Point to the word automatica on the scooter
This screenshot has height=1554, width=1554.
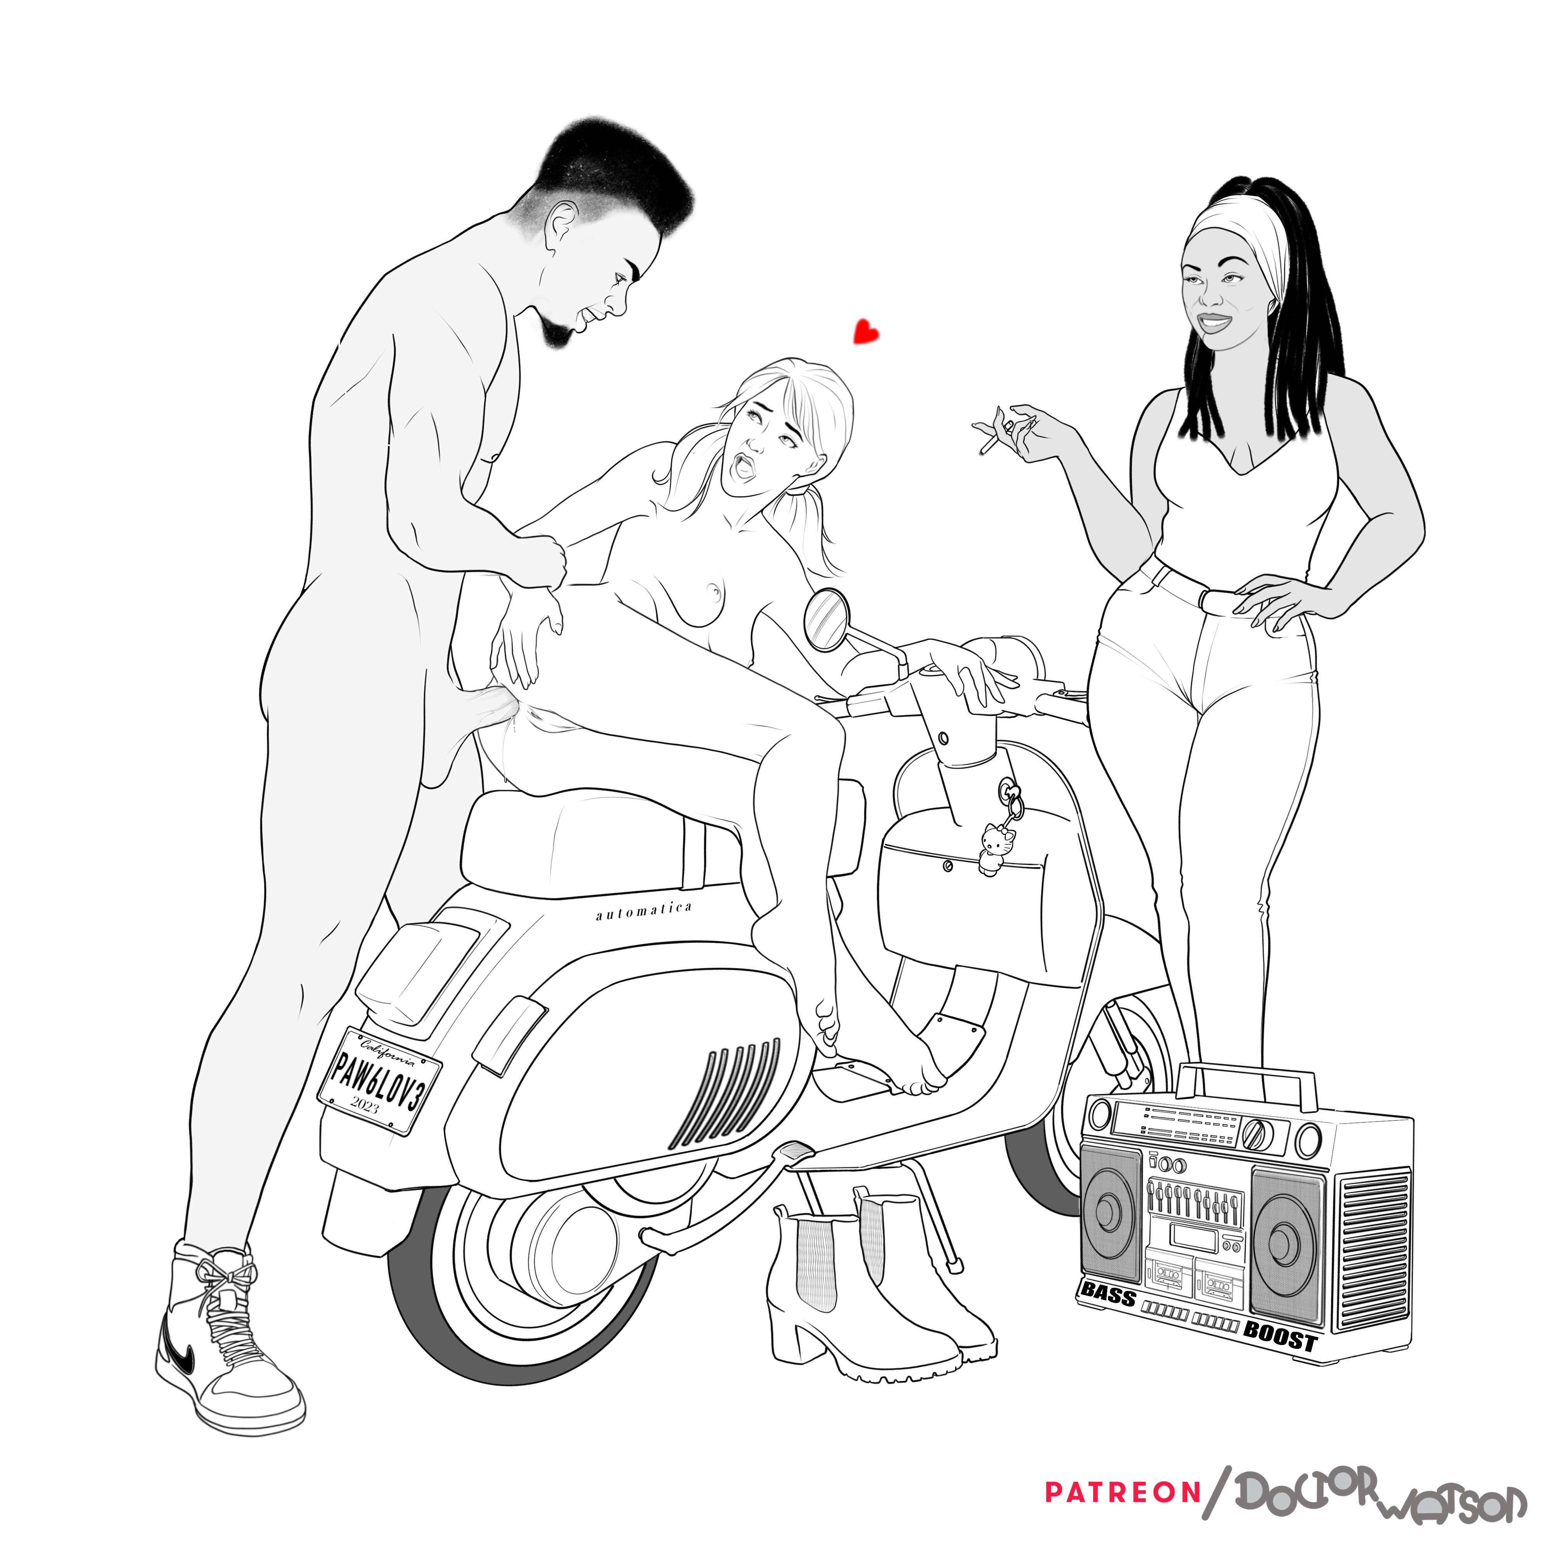pyautogui.click(x=643, y=911)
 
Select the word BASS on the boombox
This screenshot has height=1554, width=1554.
pyautogui.click(x=1109, y=1293)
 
